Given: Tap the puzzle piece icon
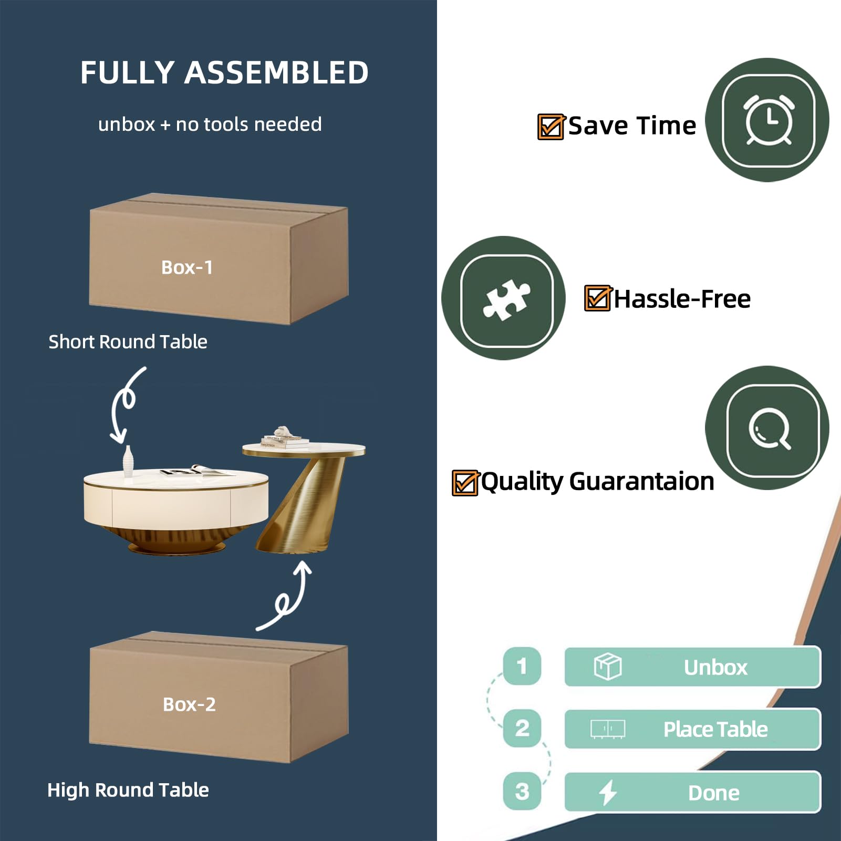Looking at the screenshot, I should tap(506, 300).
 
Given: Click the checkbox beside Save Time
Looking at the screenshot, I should tap(551, 127).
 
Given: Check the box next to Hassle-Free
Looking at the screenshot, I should tap(597, 298).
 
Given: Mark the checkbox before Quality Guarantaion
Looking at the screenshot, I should tap(465, 482).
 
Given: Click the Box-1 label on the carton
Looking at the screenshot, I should tap(187, 267).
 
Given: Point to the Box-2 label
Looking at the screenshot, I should tap(189, 704).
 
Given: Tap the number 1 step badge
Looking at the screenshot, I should tap(522, 666).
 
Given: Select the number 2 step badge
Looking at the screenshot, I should tap(522, 728).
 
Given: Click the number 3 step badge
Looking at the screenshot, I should tap(522, 791).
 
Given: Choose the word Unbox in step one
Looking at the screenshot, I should tap(715, 667).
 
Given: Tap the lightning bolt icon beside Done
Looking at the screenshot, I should tap(608, 792).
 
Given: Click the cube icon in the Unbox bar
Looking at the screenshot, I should tap(607, 667).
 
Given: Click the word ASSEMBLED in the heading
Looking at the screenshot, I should tap(276, 72).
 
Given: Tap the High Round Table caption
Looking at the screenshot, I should tap(128, 790).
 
